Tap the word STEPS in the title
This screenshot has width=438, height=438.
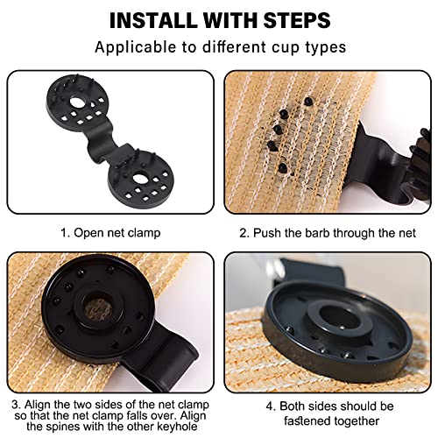click(x=297, y=20)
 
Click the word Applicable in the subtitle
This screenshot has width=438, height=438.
click(x=136, y=47)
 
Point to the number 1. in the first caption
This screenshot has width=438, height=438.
click(x=65, y=233)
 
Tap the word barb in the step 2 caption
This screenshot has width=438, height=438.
click(x=318, y=233)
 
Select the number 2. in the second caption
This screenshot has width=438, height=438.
click(x=244, y=233)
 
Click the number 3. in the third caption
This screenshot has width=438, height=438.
click(x=17, y=405)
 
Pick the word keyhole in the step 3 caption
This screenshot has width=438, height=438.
click(x=177, y=427)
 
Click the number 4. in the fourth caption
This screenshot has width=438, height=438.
click(x=272, y=406)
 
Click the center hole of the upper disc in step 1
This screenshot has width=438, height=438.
click(x=76, y=102)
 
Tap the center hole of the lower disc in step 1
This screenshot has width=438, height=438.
click(x=139, y=178)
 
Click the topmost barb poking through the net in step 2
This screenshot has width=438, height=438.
click(x=308, y=102)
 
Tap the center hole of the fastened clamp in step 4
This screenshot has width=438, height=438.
click(x=339, y=318)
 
